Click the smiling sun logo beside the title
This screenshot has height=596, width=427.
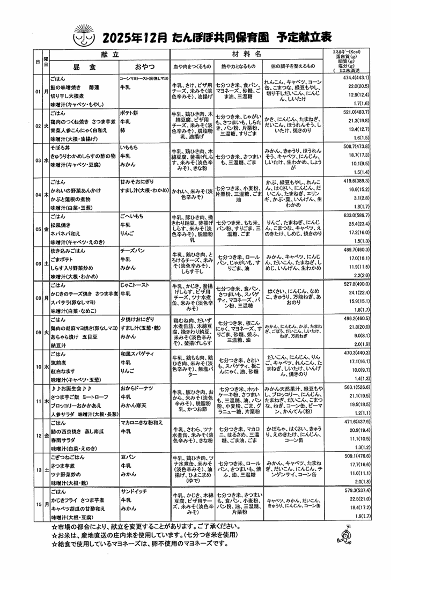(85, 34)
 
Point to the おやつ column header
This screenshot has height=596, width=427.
(144, 66)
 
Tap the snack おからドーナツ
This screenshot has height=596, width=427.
(136, 387)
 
